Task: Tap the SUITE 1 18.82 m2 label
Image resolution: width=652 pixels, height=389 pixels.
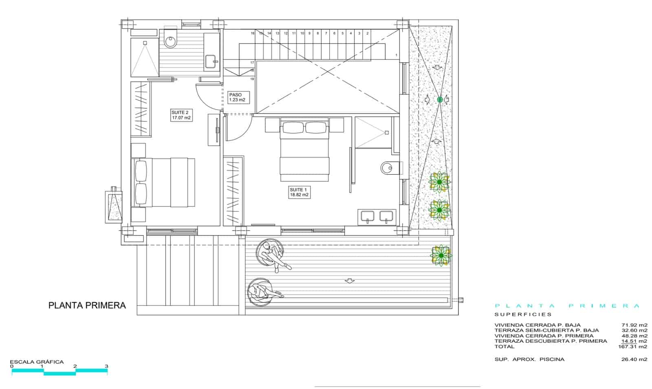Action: tap(299, 192)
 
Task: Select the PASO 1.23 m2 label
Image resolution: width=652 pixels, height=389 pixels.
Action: tap(236, 97)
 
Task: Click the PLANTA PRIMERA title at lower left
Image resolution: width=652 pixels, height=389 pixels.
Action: tap(87, 305)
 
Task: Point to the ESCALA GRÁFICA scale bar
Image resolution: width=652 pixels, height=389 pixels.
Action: tap(59, 370)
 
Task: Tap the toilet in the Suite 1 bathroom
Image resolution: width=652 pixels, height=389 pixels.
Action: tap(388, 167)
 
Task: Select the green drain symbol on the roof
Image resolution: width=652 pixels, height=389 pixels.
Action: tap(440, 99)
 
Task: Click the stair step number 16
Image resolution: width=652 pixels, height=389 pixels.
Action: tap(253, 33)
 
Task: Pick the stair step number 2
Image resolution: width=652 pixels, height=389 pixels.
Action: tap(368, 33)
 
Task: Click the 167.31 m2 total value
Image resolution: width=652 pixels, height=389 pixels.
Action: tap(632, 347)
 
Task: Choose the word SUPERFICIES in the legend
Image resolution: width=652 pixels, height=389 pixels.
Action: tap(523, 314)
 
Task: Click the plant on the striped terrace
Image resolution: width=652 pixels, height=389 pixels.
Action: tap(441, 256)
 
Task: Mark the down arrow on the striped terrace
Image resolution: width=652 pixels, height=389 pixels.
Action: tap(349, 281)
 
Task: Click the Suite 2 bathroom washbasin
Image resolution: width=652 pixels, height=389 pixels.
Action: tap(211, 62)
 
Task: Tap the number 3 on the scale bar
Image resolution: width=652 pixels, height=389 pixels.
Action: tap(106, 366)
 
